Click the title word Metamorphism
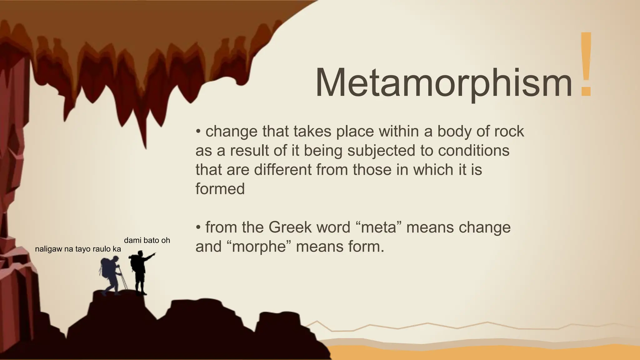tap(443, 82)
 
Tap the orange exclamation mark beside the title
tap(586, 64)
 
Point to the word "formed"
tap(220, 189)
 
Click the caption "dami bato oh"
tap(147, 240)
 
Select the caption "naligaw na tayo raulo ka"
tap(78, 249)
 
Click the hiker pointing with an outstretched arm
tap(141, 272)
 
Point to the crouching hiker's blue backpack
tap(107, 267)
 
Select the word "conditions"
tap(473, 151)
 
